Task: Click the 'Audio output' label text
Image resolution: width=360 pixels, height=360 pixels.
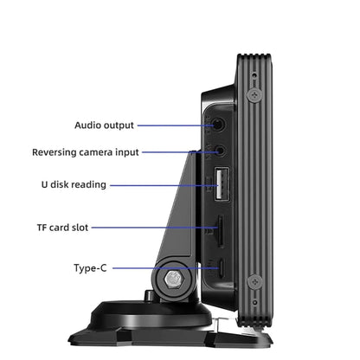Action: coord(104,125)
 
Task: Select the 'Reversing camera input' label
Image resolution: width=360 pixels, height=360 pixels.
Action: coord(86,152)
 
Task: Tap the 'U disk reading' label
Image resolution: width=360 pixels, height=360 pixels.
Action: coord(74,184)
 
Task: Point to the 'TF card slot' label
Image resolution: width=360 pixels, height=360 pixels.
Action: coord(62,228)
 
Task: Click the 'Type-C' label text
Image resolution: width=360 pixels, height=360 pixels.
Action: coord(90,268)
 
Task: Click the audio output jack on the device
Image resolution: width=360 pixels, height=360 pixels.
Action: coord(219,125)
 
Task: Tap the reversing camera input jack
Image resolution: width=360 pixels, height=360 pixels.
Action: coord(221,151)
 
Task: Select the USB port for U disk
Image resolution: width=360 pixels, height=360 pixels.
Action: coord(222,184)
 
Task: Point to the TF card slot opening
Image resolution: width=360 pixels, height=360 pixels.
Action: coord(221,231)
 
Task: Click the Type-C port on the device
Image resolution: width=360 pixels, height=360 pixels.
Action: coord(222,268)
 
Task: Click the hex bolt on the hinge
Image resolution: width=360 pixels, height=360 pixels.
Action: coord(174,280)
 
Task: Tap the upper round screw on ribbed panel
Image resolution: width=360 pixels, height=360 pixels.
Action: coord(254,94)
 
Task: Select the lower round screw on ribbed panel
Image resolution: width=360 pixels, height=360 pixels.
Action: coord(255,282)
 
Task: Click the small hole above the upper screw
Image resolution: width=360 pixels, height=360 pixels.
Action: coord(254,75)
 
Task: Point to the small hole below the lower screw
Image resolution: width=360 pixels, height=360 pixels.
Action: coord(254,302)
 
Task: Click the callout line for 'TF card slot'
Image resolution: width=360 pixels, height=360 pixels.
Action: coord(155,228)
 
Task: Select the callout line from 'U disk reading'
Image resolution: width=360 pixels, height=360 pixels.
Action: coord(164,185)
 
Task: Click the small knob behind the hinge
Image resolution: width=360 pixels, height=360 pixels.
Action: coord(149,295)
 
